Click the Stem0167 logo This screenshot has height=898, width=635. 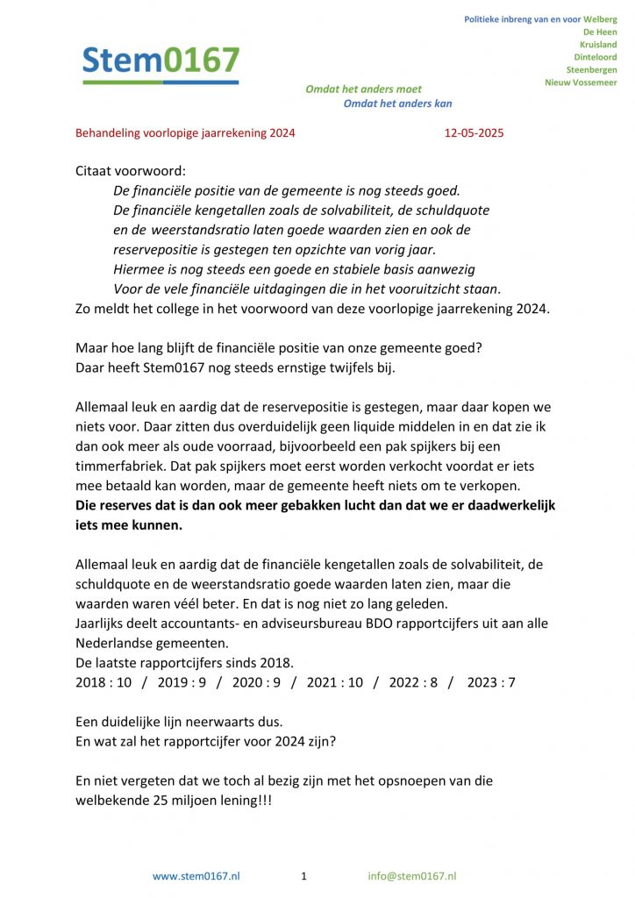pos(161,62)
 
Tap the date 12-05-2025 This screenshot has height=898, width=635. pos(474,134)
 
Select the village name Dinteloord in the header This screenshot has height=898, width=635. pos(595,57)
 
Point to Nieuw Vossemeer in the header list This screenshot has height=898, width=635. pos(581,82)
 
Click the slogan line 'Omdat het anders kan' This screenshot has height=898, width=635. pos(397,103)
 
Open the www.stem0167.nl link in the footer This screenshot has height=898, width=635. pos(196,876)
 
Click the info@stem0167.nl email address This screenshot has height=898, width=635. pos(412,876)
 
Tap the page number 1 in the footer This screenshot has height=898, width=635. pos(303,876)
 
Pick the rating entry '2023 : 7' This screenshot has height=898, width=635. pos(491,682)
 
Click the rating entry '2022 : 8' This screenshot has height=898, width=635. pos(413,682)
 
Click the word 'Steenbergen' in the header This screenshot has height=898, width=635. pos(591,69)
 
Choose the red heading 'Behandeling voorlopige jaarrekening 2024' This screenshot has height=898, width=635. pos(185,134)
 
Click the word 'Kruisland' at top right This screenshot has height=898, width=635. pos(598,45)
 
